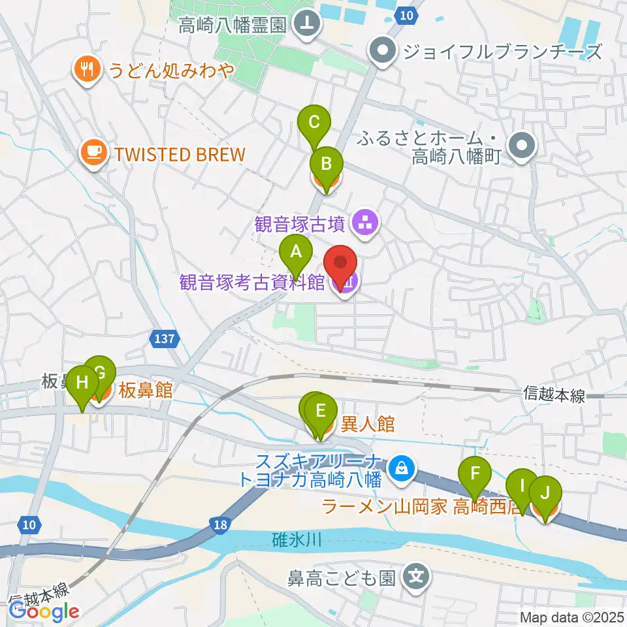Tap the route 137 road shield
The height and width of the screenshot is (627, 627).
click(165, 338)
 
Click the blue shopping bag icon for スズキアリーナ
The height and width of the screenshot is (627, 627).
click(398, 468)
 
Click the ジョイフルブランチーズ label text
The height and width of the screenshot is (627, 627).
click(502, 51)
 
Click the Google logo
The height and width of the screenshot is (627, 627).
click(44, 611)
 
